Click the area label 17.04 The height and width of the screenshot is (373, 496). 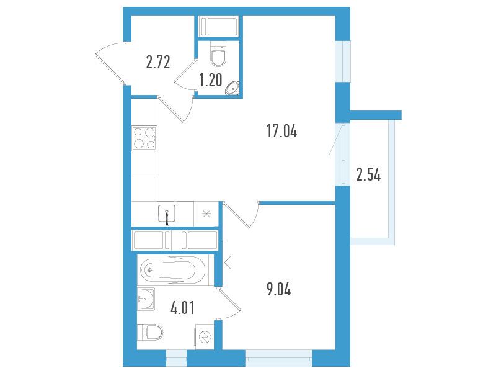(x=282, y=131)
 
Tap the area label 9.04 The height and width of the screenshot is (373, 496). (x=278, y=289)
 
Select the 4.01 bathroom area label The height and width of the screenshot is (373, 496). (x=182, y=308)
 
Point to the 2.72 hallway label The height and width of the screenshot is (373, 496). (x=158, y=62)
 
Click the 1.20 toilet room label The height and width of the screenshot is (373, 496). (x=211, y=80)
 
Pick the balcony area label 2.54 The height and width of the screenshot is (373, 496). (x=368, y=174)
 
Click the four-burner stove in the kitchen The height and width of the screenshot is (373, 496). (x=144, y=138)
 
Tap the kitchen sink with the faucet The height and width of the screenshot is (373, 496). (x=167, y=215)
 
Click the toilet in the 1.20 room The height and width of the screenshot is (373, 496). (x=218, y=53)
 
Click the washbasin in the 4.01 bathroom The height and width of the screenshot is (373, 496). (x=146, y=299)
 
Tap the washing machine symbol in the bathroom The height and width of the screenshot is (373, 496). (x=205, y=336)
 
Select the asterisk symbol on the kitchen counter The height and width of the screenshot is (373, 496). (x=206, y=214)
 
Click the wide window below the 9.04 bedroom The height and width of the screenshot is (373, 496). (x=278, y=359)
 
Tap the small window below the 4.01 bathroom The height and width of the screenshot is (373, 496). (x=177, y=359)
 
